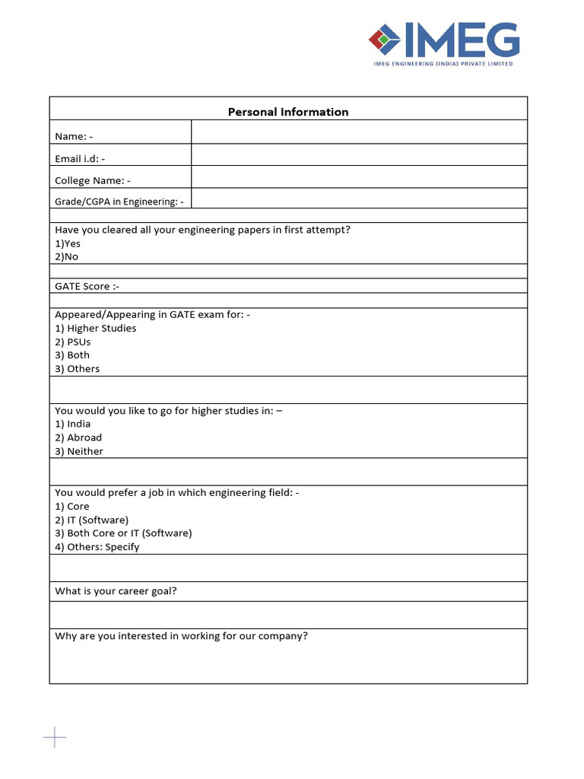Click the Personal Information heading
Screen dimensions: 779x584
[x=288, y=112]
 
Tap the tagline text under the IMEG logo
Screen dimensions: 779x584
[x=443, y=64]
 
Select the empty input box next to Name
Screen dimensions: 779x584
[x=359, y=132]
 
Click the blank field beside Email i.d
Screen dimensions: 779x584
[x=359, y=154]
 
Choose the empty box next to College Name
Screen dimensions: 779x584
[x=359, y=177]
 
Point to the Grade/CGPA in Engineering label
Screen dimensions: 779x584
[x=119, y=202]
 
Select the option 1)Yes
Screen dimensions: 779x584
[x=68, y=243]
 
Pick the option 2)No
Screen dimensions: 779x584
[x=67, y=256]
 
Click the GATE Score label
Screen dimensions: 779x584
[x=87, y=286]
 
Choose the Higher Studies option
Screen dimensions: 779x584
[x=96, y=328]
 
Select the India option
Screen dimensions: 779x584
[x=73, y=424]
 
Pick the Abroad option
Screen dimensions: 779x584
[x=78, y=437]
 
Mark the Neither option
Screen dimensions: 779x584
[x=79, y=451]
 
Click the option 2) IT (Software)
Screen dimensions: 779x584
[x=92, y=520]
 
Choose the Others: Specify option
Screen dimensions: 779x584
[x=97, y=547]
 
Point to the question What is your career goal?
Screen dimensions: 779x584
[x=116, y=591]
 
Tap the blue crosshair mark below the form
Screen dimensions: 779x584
[x=55, y=736]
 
